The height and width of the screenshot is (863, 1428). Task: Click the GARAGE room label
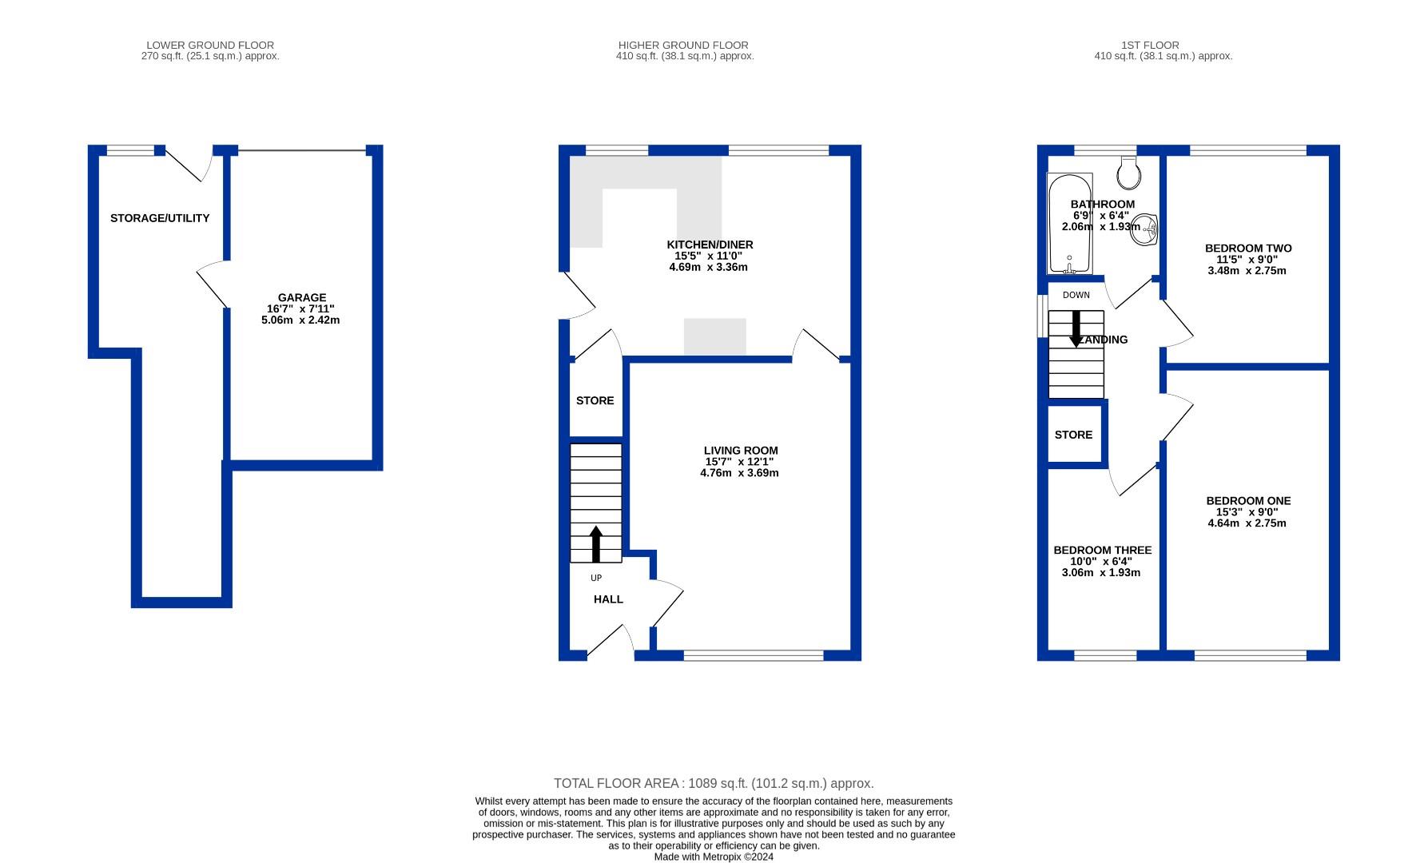click(x=301, y=297)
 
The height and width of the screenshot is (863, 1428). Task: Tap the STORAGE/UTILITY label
click(x=160, y=218)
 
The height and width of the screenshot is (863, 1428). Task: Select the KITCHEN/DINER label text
click(x=710, y=245)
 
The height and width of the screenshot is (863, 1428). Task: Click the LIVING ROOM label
click(x=740, y=451)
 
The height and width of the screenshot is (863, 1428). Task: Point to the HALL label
click(x=608, y=599)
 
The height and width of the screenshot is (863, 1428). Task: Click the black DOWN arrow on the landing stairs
click(x=1076, y=328)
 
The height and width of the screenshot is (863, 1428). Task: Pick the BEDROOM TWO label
click(x=1247, y=249)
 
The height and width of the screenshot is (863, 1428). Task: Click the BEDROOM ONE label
click(x=1248, y=501)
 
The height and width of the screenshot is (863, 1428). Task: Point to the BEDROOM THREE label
click(x=1102, y=551)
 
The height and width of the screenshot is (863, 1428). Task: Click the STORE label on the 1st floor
click(x=1073, y=435)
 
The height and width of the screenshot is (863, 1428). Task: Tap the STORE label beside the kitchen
click(x=595, y=400)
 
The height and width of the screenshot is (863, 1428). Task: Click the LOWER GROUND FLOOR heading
click(x=210, y=46)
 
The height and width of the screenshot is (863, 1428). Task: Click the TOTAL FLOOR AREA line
click(x=714, y=784)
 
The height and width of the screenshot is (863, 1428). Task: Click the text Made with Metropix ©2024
click(x=714, y=857)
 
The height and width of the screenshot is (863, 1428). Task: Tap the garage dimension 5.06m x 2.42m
click(x=300, y=320)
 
